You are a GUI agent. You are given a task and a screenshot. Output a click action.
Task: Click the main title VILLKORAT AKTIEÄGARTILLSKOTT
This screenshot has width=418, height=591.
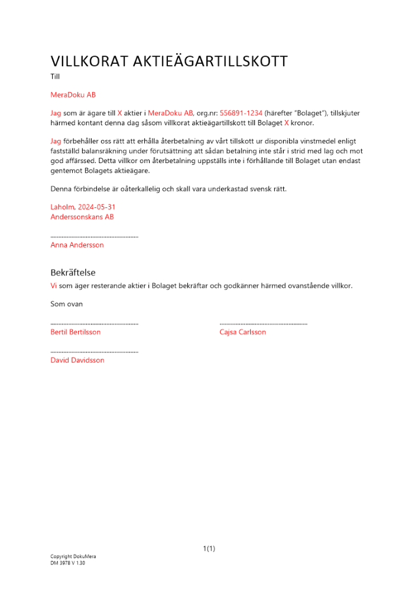(x=169, y=61)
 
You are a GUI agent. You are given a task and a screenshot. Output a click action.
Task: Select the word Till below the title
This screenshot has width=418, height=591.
(x=55, y=76)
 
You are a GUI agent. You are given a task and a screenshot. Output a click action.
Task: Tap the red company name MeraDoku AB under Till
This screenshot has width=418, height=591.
(x=73, y=95)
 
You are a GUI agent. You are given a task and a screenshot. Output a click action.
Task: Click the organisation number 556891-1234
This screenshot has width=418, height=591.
(x=241, y=113)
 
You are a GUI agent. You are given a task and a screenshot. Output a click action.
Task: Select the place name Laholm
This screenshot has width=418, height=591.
(x=63, y=207)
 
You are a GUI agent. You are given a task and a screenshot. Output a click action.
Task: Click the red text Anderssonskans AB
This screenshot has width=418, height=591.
(x=82, y=217)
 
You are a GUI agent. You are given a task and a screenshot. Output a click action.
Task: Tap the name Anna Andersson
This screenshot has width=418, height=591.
(x=77, y=245)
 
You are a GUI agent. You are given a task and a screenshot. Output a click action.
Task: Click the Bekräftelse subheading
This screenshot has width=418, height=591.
(x=73, y=272)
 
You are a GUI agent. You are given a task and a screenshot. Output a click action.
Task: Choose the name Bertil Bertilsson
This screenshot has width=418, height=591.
(x=76, y=332)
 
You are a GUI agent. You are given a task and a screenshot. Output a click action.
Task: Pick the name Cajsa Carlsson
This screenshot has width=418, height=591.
(x=242, y=332)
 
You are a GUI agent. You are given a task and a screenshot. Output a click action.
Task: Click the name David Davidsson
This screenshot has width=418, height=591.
(x=77, y=360)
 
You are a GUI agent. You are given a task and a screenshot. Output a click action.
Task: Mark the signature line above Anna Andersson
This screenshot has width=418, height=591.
(x=95, y=236)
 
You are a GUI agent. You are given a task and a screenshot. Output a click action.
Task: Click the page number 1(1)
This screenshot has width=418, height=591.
(x=209, y=549)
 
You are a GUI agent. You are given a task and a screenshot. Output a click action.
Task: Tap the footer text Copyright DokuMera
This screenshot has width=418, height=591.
(x=73, y=557)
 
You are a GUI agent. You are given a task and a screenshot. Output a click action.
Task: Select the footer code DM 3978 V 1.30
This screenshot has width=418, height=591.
(x=68, y=563)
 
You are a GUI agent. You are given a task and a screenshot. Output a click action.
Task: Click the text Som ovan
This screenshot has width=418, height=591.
(x=67, y=304)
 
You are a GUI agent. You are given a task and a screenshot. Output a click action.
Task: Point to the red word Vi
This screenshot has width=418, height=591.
(x=54, y=285)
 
